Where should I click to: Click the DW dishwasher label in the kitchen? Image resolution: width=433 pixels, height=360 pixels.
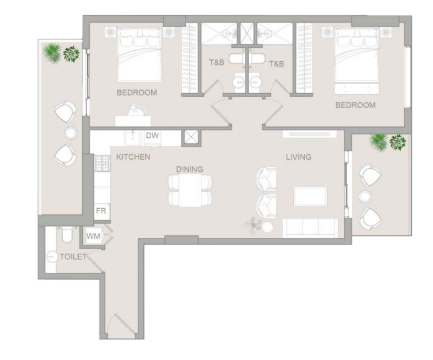coord(152,136)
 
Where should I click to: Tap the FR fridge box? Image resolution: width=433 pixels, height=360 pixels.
coord(102,212)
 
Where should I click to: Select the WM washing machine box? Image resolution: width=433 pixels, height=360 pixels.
coord(93,236)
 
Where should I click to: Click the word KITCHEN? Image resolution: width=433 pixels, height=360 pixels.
coord(133,157)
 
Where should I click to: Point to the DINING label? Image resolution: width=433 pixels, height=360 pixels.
coord(190,169)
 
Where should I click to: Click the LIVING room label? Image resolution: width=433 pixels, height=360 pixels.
coord(299,157)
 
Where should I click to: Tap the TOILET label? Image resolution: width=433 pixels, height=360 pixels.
coord(73,257)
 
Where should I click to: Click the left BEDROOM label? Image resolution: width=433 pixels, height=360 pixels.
coord(137,93)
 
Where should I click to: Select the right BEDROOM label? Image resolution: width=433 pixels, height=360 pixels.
coord(356,105)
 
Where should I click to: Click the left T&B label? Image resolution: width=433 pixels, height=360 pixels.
coord(217,62)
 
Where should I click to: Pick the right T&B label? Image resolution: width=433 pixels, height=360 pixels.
coord(276,64)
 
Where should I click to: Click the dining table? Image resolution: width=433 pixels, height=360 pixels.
coord(190,191)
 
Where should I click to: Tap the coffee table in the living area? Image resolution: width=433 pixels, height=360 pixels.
coord(311,196)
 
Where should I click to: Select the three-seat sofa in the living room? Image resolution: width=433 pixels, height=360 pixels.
coord(310,228)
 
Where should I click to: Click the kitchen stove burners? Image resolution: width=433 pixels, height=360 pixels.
coord(102,163)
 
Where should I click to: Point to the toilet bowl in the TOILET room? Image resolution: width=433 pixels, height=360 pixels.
coord(67,235)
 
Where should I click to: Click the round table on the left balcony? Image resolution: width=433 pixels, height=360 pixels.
coord(71,133)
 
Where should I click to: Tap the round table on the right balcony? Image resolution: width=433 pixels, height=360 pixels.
coord(365,197)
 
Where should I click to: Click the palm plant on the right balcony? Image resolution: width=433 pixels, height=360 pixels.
coord(379,142)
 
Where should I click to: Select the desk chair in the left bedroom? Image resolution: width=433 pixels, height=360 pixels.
coord(137,111)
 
